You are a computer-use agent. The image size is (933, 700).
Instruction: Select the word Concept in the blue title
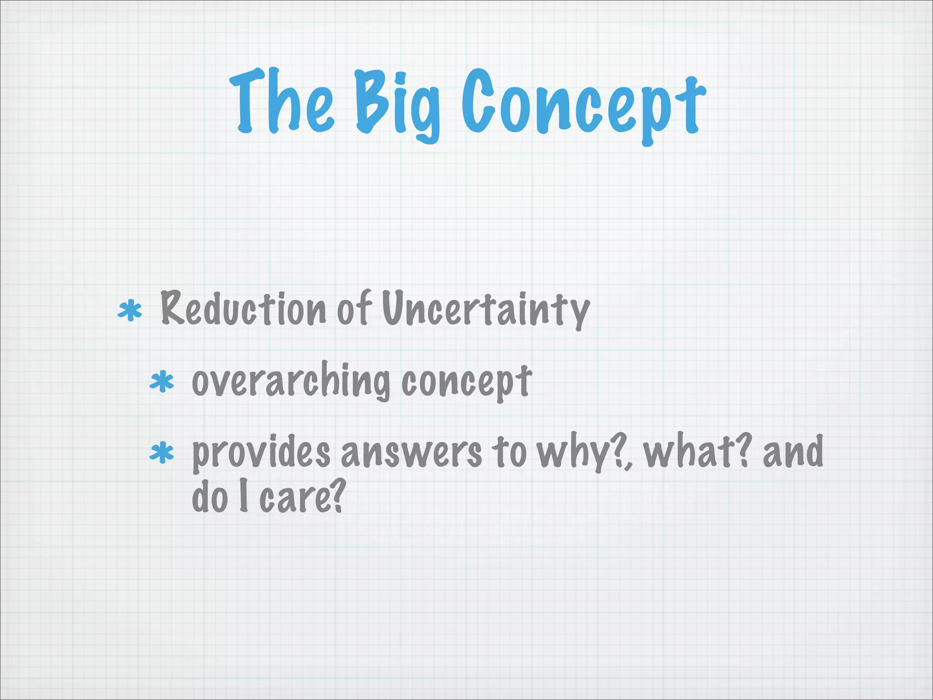click(583, 105)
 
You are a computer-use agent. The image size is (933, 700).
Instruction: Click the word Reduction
click(243, 309)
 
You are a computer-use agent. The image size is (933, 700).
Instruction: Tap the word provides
click(261, 454)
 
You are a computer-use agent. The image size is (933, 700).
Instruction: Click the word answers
click(411, 453)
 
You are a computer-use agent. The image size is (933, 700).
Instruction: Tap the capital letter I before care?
click(244, 497)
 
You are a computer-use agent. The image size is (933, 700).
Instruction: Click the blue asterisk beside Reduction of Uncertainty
click(130, 311)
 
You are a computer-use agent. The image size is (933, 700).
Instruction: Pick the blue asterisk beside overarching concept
click(162, 383)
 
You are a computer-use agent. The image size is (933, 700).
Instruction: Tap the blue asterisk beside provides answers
click(162, 453)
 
